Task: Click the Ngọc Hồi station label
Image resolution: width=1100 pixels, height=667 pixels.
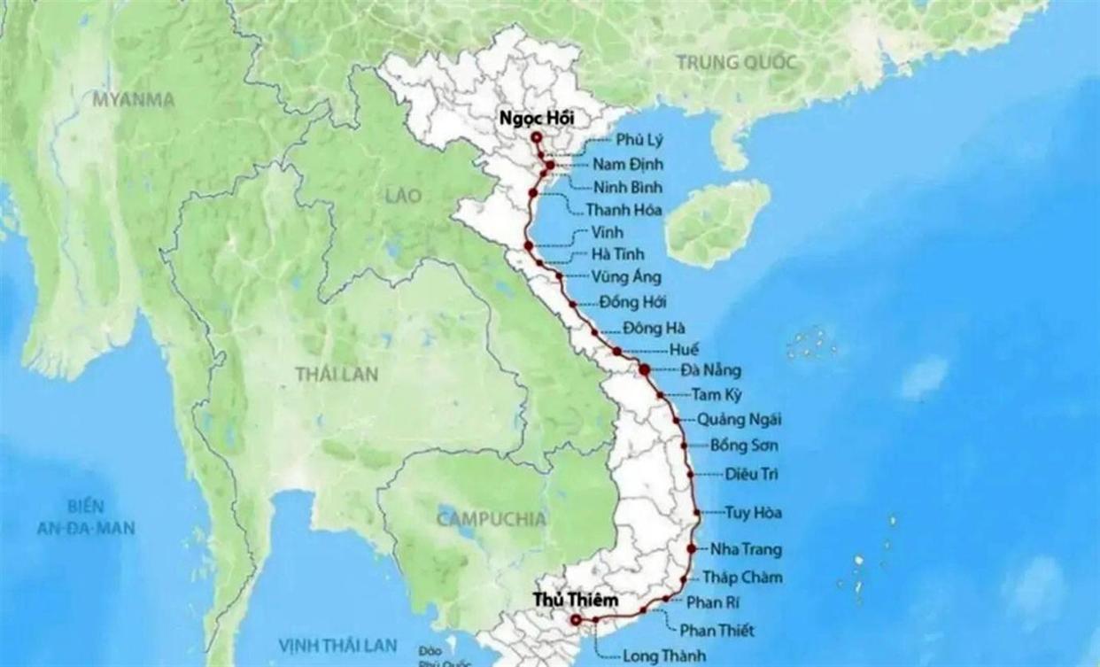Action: pyautogui.click(x=533, y=119)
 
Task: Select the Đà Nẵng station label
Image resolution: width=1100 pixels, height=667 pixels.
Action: pyautogui.click(x=711, y=370)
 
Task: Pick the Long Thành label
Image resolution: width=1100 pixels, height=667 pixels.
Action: pyautogui.click(x=664, y=656)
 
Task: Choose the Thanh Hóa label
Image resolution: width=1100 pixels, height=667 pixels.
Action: pyautogui.click(x=624, y=211)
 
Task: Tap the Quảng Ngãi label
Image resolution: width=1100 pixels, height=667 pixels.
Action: pyautogui.click(x=739, y=419)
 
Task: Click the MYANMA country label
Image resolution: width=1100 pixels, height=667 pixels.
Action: pyautogui.click(x=134, y=99)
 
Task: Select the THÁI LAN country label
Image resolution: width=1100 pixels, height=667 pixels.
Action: pyautogui.click(x=337, y=375)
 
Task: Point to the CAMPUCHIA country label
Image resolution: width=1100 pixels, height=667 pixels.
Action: pyautogui.click(x=492, y=519)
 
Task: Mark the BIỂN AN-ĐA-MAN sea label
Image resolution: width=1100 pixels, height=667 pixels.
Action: pyautogui.click(x=86, y=517)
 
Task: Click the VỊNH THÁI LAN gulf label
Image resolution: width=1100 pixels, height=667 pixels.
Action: pyautogui.click(x=337, y=645)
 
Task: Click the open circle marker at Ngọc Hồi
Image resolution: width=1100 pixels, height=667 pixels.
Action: pyautogui.click(x=536, y=137)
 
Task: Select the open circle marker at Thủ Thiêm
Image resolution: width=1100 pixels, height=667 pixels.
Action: pyautogui.click(x=576, y=620)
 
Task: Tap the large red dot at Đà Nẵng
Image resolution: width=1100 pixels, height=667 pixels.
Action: pyautogui.click(x=645, y=369)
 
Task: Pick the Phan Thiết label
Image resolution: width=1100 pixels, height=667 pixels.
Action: pyautogui.click(x=717, y=631)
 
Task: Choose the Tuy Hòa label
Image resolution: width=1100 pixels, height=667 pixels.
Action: pyautogui.click(x=753, y=512)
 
